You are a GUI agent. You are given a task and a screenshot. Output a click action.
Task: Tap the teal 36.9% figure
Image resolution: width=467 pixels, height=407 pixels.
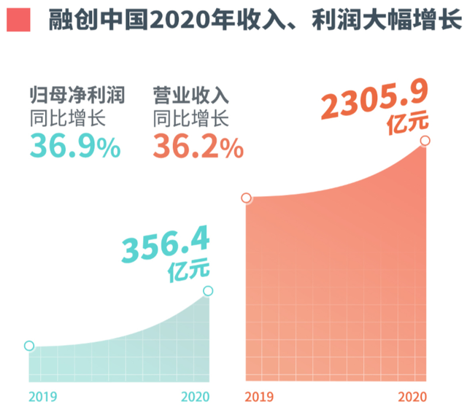[x=74, y=147]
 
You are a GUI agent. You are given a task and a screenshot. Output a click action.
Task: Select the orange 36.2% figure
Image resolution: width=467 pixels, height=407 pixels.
[x=198, y=147]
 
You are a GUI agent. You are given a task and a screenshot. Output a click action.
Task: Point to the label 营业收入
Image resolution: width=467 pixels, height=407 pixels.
[x=191, y=96]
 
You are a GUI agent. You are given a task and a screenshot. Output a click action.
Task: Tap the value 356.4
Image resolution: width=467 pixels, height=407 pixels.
[x=166, y=247]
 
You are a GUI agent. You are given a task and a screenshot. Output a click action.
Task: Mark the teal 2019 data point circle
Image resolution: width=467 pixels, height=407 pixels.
[x=29, y=346]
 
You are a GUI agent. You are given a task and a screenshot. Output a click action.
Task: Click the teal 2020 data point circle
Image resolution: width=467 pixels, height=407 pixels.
[x=209, y=291]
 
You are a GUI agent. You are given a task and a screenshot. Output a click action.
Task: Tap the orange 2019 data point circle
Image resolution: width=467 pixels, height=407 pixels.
[x=247, y=198]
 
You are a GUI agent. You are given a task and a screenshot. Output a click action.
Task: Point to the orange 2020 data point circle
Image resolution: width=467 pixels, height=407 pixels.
[x=425, y=140]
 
